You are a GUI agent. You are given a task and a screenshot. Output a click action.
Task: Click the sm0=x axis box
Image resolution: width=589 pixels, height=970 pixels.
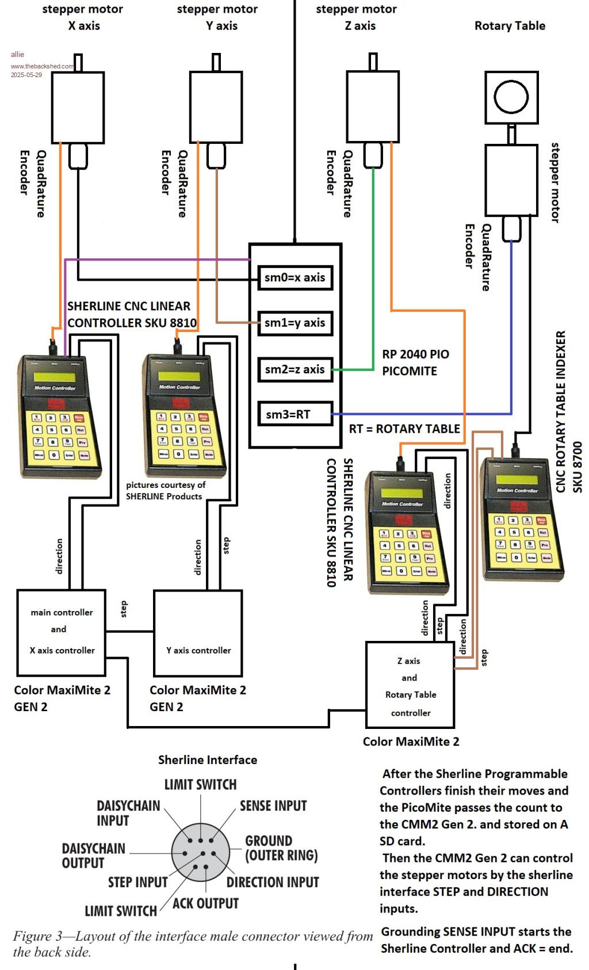pyautogui.click(x=294, y=277)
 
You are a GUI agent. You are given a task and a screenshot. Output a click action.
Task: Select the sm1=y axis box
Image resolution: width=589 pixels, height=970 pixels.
pyautogui.click(x=294, y=323)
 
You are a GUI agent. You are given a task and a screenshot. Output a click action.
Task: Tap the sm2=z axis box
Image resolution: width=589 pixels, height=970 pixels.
pyautogui.click(x=294, y=369)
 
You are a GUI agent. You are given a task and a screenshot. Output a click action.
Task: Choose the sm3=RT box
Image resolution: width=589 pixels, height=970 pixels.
pyautogui.click(x=294, y=414)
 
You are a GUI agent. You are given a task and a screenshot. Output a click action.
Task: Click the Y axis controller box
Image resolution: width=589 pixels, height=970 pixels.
pyautogui.click(x=198, y=633)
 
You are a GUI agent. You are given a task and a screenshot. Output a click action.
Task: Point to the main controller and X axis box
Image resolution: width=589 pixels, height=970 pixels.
pyautogui.click(x=62, y=632)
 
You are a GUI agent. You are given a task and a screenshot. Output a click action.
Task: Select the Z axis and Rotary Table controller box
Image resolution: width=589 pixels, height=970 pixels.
pyautogui.click(x=410, y=686)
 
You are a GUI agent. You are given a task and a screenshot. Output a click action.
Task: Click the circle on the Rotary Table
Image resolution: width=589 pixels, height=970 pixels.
pyautogui.click(x=511, y=96)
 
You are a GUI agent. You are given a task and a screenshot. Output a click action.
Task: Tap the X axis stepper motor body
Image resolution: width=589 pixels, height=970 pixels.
pyautogui.click(x=78, y=106)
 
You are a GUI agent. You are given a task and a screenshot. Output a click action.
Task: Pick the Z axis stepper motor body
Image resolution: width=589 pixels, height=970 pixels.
pyautogui.click(x=373, y=106)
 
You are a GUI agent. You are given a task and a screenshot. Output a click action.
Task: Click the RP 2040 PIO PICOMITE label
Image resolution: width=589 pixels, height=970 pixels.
pyautogui.click(x=415, y=362)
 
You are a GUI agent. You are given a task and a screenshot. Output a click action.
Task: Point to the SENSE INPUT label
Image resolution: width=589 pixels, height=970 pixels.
pyautogui.click(x=273, y=805)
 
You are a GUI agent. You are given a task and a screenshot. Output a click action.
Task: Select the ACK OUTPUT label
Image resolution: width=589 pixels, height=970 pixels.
pyautogui.click(x=205, y=903)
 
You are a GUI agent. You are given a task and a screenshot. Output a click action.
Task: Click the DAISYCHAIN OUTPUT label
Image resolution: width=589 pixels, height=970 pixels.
pyautogui.click(x=93, y=856)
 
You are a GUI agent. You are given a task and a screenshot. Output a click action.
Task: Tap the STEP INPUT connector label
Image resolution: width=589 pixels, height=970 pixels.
pyautogui.click(x=137, y=882)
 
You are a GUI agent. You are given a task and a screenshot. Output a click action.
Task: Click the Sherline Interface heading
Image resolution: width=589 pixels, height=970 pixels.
pyautogui.click(x=208, y=759)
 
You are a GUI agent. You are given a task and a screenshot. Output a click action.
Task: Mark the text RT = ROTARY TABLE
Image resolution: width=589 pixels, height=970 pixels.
pyautogui.click(x=404, y=429)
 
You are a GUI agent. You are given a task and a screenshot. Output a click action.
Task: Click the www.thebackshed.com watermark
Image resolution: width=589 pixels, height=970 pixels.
pyautogui.click(x=42, y=66)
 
